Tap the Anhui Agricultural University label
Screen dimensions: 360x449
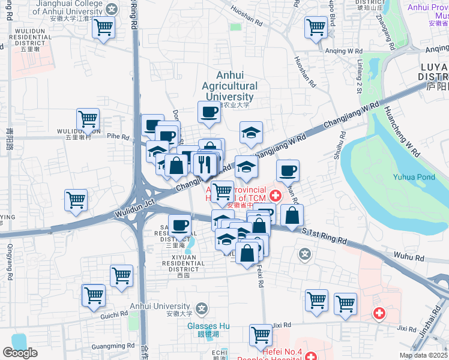click(x=229, y=86)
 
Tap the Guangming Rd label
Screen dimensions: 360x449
click(x=114, y=346)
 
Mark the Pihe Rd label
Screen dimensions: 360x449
click(x=118, y=137)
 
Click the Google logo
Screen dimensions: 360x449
click(x=20, y=353)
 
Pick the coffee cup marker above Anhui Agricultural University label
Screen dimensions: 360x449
click(x=209, y=112)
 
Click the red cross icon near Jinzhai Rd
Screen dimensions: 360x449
click(x=379, y=313)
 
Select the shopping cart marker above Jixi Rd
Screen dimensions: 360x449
click(x=261, y=334)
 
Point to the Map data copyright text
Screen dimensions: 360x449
click(x=423, y=355)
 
